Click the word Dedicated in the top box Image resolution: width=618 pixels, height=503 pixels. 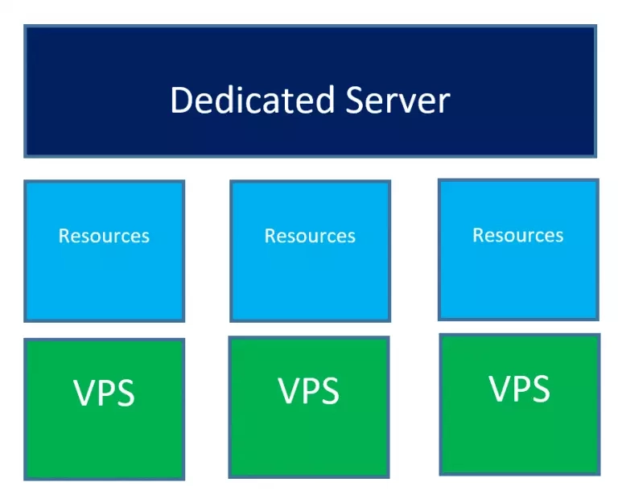point(253,100)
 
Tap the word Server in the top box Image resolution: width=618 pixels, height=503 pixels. point(398,100)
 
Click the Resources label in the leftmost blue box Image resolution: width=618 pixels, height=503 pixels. point(104,236)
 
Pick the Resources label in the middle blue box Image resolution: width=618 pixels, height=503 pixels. point(310,236)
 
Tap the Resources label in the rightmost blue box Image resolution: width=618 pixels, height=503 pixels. point(518,235)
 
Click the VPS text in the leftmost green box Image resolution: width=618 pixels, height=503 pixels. point(104,393)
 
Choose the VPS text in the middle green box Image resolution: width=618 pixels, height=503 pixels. point(309,390)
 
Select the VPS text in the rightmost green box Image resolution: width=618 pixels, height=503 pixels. point(520,388)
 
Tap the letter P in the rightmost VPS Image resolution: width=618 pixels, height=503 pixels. point(521,388)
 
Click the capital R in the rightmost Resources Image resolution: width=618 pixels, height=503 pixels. point(478,235)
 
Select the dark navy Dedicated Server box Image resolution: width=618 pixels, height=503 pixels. point(310,91)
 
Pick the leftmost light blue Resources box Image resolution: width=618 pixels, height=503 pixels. point(105,251)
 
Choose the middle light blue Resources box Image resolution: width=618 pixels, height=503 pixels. point(310,251)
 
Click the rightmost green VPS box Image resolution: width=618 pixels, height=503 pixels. point(520,405)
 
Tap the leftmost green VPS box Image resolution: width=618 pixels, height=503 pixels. point(105,409)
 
